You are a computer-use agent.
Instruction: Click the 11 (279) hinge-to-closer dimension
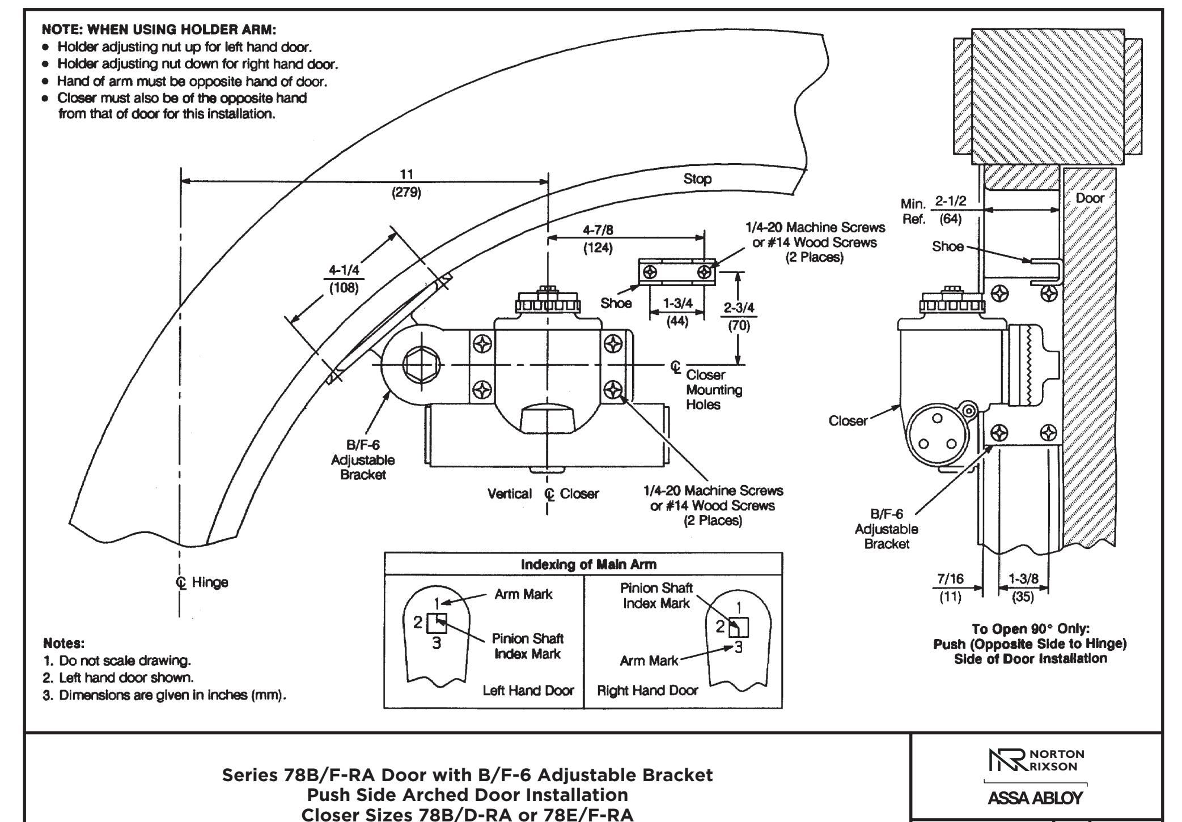point(406,183)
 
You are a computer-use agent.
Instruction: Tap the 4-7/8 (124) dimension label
point(598,239)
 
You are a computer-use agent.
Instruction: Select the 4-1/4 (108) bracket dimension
point(344,279)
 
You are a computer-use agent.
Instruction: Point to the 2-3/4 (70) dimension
point(739,317)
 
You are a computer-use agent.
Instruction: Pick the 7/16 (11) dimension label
point(950,587)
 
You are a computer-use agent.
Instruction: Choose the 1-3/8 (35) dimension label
point(1023,587)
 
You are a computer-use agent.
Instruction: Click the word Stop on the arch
point(697,179)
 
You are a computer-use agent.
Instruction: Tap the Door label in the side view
point(1090,198)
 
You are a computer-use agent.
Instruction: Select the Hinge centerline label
point(203,582)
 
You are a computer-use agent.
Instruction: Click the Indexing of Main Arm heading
point(588,564)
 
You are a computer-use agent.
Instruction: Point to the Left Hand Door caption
point(528,691)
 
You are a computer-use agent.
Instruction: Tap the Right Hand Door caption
point(647,691)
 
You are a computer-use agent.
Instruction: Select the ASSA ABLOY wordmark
point(1035,798)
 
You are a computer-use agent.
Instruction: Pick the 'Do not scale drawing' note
point(117,661)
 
